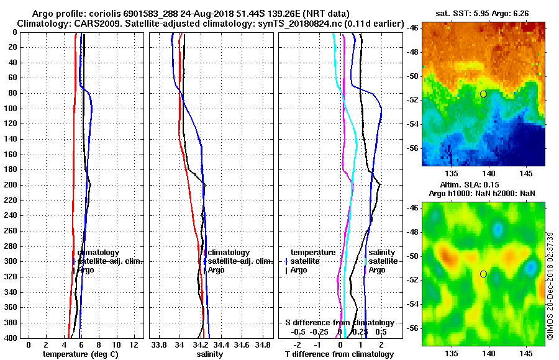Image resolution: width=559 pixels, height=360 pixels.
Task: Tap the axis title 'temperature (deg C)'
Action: coord(80,354)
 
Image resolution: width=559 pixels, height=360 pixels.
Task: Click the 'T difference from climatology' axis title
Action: coord(339,354)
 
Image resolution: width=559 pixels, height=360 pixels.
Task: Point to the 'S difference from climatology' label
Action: coord(339,323)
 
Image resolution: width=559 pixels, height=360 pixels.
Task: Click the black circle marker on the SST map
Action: coord(483,94)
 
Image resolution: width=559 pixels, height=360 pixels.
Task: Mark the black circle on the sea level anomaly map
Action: coord(483,274)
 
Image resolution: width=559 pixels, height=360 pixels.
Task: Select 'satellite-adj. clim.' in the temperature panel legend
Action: coord(110,261)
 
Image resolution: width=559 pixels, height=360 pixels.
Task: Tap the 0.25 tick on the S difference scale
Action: coord(361,331)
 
